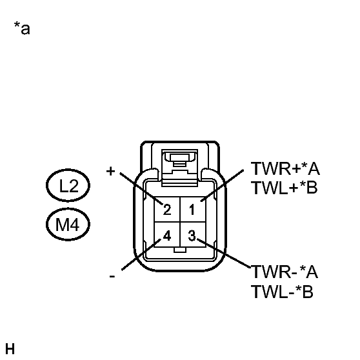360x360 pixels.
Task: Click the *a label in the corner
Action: click(x=22, y=28)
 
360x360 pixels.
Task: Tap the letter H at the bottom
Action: click(x=10, y=349)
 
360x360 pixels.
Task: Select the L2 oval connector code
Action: click(x=68, y=185)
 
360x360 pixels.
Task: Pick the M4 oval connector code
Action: click(x=68, y=225)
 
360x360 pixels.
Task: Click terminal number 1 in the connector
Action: click(x=192, y=210)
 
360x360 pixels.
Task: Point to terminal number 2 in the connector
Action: click(x=167, y=210)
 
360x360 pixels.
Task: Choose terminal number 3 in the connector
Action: click(x=192, y=235)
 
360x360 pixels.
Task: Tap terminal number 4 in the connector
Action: click(x=167, y=235)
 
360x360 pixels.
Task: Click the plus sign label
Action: click(x=110, y=171)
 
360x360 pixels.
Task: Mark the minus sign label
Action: click(x=112, y=276)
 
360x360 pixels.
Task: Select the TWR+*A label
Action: click(x=285, y=169)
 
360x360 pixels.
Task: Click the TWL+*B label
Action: click(x=285, y=188)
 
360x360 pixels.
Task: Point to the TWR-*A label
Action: click(x=285, y=272)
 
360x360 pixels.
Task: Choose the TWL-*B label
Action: click(x=282, y=292)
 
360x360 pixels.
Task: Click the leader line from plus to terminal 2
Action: click(x=141, y=188)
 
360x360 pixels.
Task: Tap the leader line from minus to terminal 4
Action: click(x=141, y=255)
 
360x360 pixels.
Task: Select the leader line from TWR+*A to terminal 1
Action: click(x=222, y=186)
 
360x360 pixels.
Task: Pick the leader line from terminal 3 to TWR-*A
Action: click(x=224, y=254)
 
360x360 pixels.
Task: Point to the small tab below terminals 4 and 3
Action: click(x=180, y=250)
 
